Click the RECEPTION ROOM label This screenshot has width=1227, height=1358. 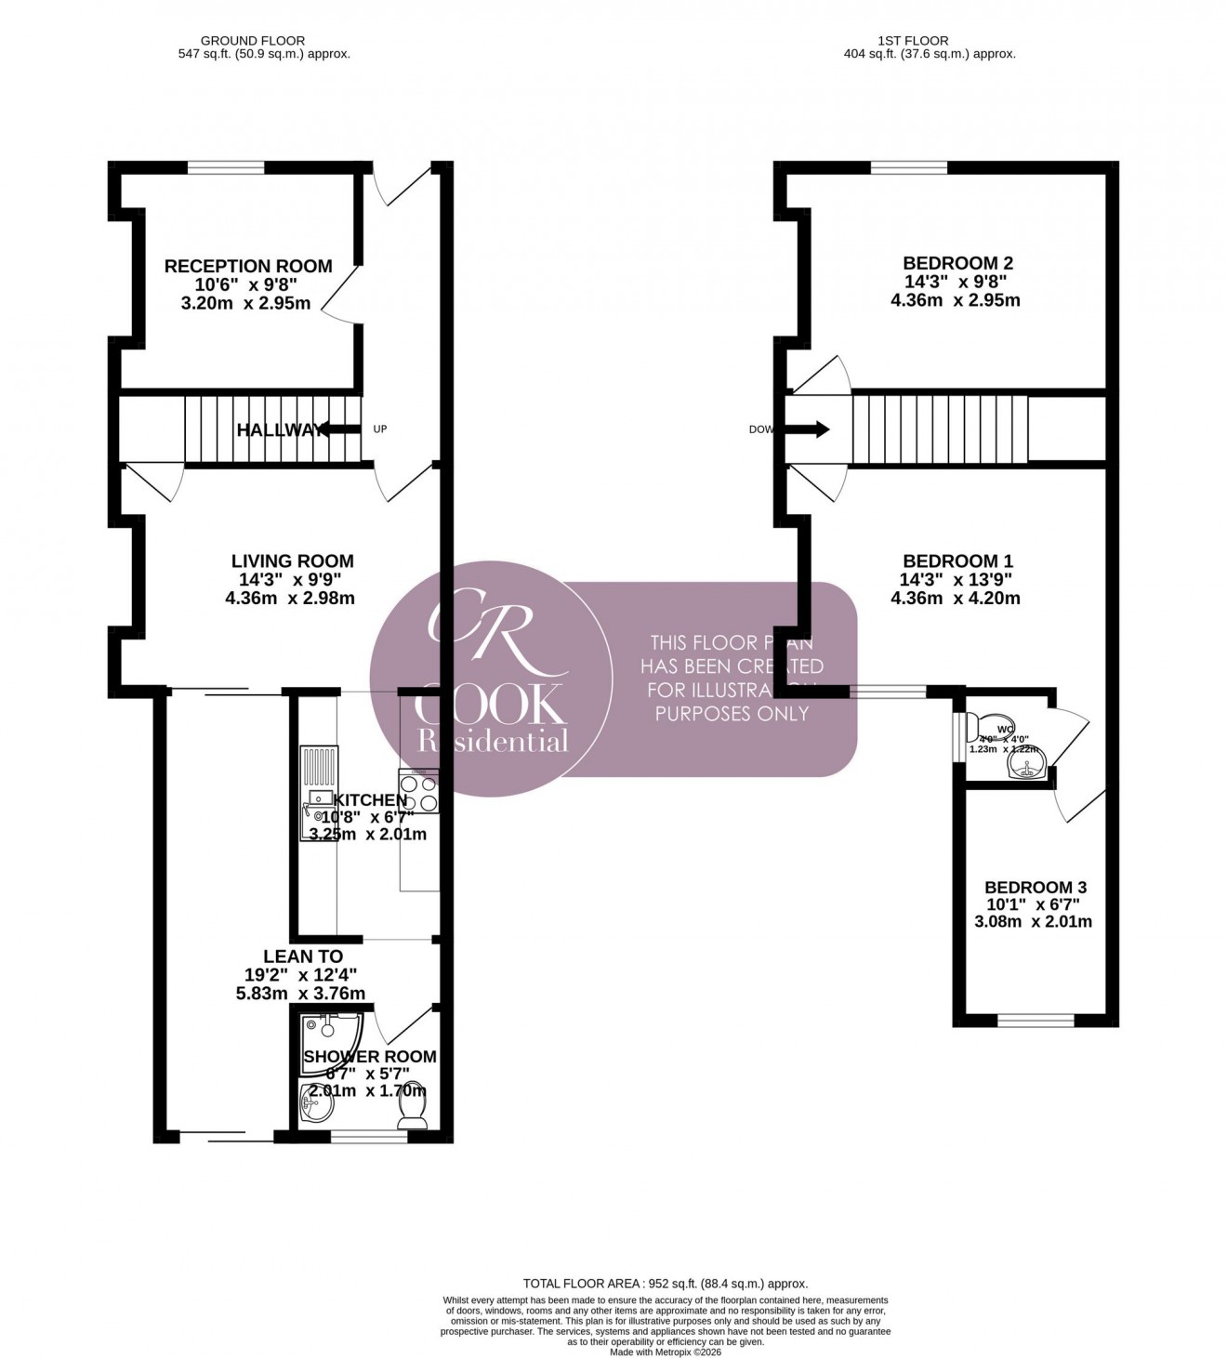[248, 267]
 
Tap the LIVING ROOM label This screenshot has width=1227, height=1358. [292, 561]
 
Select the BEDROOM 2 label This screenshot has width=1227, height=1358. [957, 263]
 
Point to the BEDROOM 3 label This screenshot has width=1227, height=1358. [1036, 888]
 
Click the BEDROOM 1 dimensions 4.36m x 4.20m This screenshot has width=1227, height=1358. [957, 599]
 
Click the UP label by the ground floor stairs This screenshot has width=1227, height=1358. [379, 429]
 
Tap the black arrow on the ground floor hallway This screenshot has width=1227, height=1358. [340, 429]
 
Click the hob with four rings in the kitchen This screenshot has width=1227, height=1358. [419, 791]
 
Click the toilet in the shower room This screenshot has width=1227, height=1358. [412, 1106]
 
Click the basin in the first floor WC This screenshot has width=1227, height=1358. [1027, 765]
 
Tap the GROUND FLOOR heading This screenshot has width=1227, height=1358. [252, 41]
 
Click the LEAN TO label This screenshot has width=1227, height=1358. [303, 956]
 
